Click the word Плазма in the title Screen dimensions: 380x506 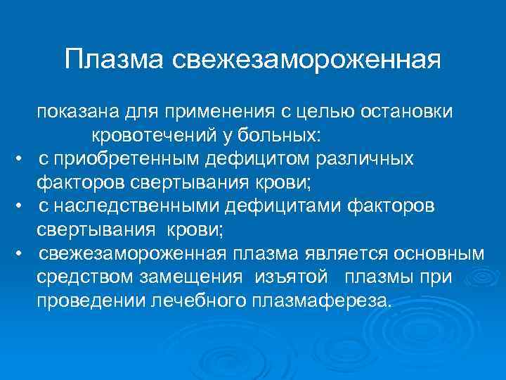(112, 59)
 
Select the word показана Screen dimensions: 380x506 (79, 112)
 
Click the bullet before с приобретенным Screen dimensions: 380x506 (22, 159)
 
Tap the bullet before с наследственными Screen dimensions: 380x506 (22, 206)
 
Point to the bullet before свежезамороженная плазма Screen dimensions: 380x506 (22, 253)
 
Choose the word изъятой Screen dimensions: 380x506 (278, 277)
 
